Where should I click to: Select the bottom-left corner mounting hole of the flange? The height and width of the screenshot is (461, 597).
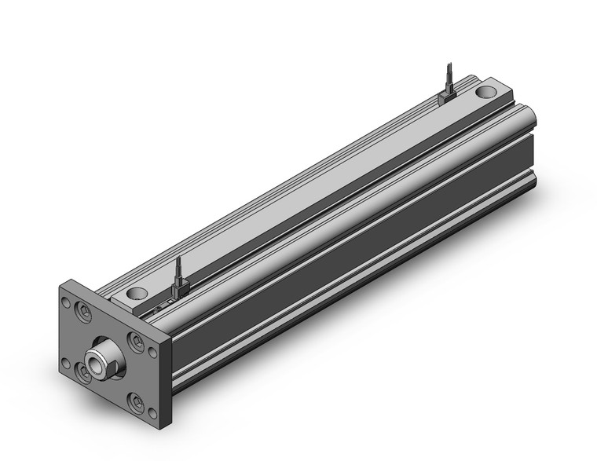(x=66, y=363)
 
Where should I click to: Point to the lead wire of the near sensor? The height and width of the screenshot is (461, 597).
(x=178, y=267)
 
